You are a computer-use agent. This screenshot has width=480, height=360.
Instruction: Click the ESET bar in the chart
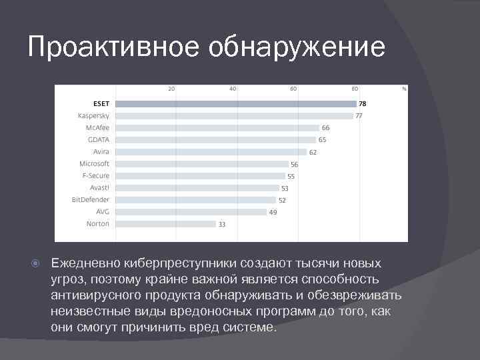(236, 104)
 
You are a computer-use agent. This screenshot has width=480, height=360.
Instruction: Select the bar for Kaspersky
(234, 116)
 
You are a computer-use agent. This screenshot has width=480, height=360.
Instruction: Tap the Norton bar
(166, 224)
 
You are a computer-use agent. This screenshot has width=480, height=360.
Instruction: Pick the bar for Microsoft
(201, 164)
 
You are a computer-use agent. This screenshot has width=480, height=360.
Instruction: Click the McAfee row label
(97, 127)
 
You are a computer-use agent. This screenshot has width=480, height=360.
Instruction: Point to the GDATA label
(99, 139)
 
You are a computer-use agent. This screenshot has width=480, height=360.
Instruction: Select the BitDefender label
(91, 199)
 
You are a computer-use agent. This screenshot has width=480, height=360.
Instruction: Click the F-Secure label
(96, 175)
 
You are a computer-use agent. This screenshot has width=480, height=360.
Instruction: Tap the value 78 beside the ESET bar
(363, 104)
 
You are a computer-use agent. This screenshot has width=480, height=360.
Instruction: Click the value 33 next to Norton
(222, 225)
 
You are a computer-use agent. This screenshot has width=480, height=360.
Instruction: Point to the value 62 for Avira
(313, 152)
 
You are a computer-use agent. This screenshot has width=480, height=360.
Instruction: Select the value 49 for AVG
(273, 212)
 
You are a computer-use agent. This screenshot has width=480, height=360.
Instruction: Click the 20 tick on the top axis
(171, 88)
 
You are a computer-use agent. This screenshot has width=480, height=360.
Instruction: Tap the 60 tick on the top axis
(293, 88)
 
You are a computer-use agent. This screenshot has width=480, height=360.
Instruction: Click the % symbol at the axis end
(404, 88)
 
